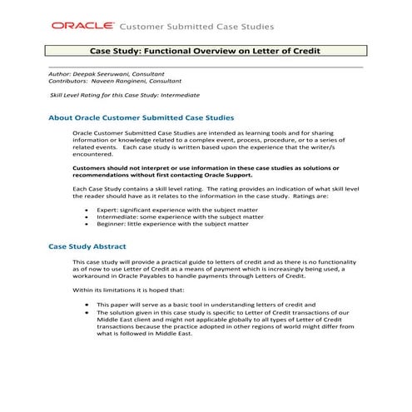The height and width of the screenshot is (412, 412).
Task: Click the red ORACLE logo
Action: tap(84, 26)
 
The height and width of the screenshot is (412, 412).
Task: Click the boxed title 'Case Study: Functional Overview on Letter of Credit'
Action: tap(206, 52)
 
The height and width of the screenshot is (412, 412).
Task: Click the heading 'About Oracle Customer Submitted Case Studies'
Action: tap(141, 118)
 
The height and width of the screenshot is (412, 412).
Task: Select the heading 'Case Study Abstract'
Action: tap(87, 247)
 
